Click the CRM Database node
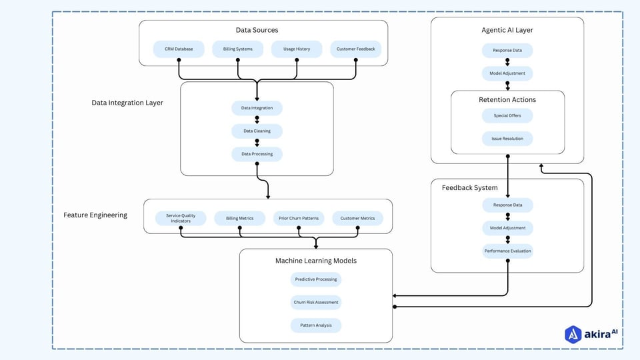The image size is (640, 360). (x=178, y=49)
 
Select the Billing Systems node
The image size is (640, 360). (x=238, y=49)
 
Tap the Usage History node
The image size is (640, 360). (x=297, y=49)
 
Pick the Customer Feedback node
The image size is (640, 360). (x=355, y=49)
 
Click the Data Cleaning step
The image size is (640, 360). (x=257, y=131)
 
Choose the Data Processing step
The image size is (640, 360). (x=257, y=154)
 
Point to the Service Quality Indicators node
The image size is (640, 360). (x=181, y=218)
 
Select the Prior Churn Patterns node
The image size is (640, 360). (x=298, y=218)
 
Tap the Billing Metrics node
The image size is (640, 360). (x=239, y=218)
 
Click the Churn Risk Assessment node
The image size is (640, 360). (x=315, y=302)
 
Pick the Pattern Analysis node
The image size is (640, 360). (x=315, y=325)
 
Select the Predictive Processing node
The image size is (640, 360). (x=315, y=279)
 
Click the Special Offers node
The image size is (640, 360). (x=507, y=115)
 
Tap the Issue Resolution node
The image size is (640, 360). (x=507, y=139)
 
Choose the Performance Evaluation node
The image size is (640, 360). (x=507, y=251)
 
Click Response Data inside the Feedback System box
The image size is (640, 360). (x=507, y=205)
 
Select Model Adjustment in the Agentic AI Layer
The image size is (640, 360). (x=507, y=73)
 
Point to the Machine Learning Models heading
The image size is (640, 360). (x=315, y=261)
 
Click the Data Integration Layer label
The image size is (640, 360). (x=127, y=103)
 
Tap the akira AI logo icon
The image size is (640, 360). (x=573, y=334)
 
